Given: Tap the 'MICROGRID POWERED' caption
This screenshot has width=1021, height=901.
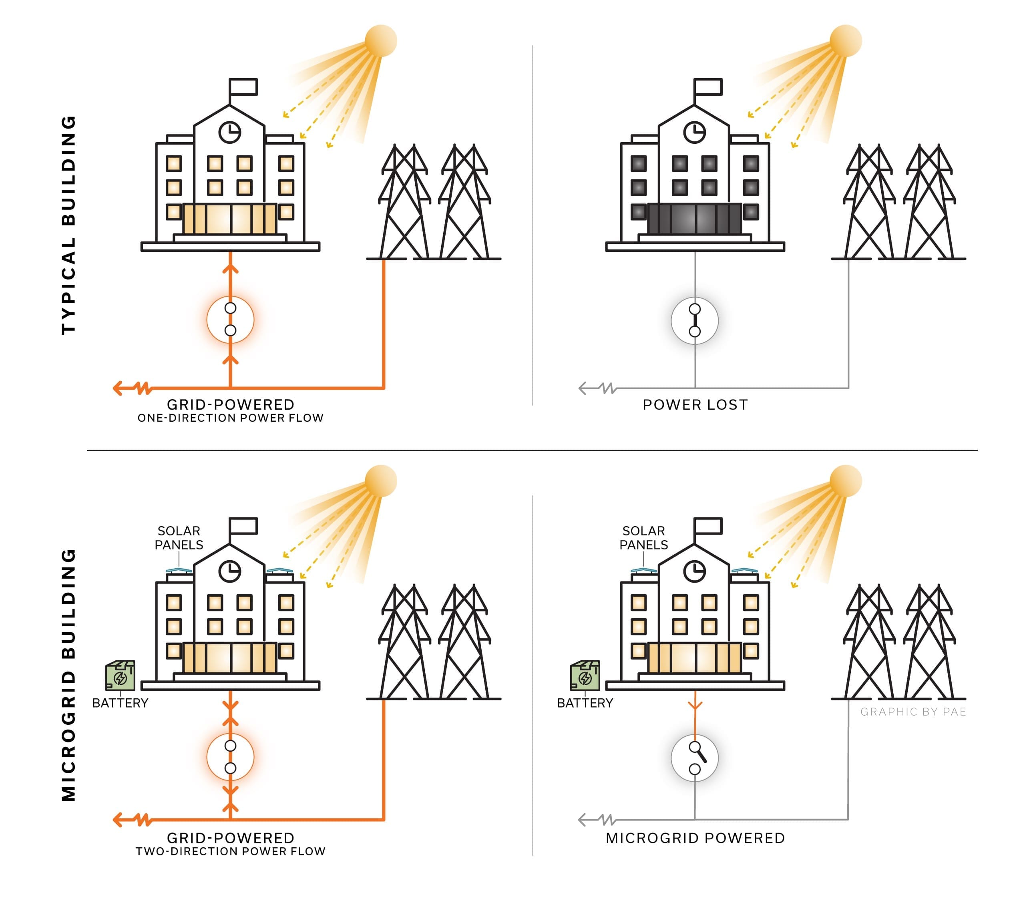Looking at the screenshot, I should tap(695, 838).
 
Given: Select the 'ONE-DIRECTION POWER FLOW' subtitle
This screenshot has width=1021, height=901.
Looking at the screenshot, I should tap(230, 418).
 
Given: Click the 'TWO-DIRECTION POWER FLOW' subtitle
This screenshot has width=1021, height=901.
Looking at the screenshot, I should tap(230, 852).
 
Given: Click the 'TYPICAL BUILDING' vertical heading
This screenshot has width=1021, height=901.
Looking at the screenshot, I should tap(68, 225).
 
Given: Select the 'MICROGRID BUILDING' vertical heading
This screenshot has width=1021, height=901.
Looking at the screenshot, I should tap(68, 674).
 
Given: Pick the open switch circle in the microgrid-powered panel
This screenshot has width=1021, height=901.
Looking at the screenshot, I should tap(695, 758).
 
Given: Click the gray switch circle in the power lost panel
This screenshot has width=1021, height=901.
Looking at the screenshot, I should tap(695, 320).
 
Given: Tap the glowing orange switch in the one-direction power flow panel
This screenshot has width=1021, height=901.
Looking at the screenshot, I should tap(230, 320).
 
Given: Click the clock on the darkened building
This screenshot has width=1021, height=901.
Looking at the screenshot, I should tap(694, 133).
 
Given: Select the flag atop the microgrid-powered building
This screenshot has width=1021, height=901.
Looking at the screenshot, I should tap(708, 526).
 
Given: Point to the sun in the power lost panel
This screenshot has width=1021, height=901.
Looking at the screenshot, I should tap(846, 41).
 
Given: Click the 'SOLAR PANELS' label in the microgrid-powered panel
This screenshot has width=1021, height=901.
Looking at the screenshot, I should tap(643, 538).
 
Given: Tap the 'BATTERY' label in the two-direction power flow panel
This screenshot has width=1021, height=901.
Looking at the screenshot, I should tap(121, 703).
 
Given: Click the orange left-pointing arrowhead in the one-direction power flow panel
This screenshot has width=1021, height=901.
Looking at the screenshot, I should tap(118, 388).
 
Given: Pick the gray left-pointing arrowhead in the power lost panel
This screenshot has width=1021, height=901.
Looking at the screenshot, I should tap(583, 388).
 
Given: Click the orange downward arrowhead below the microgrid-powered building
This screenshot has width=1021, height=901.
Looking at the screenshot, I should tap(695, 705).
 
